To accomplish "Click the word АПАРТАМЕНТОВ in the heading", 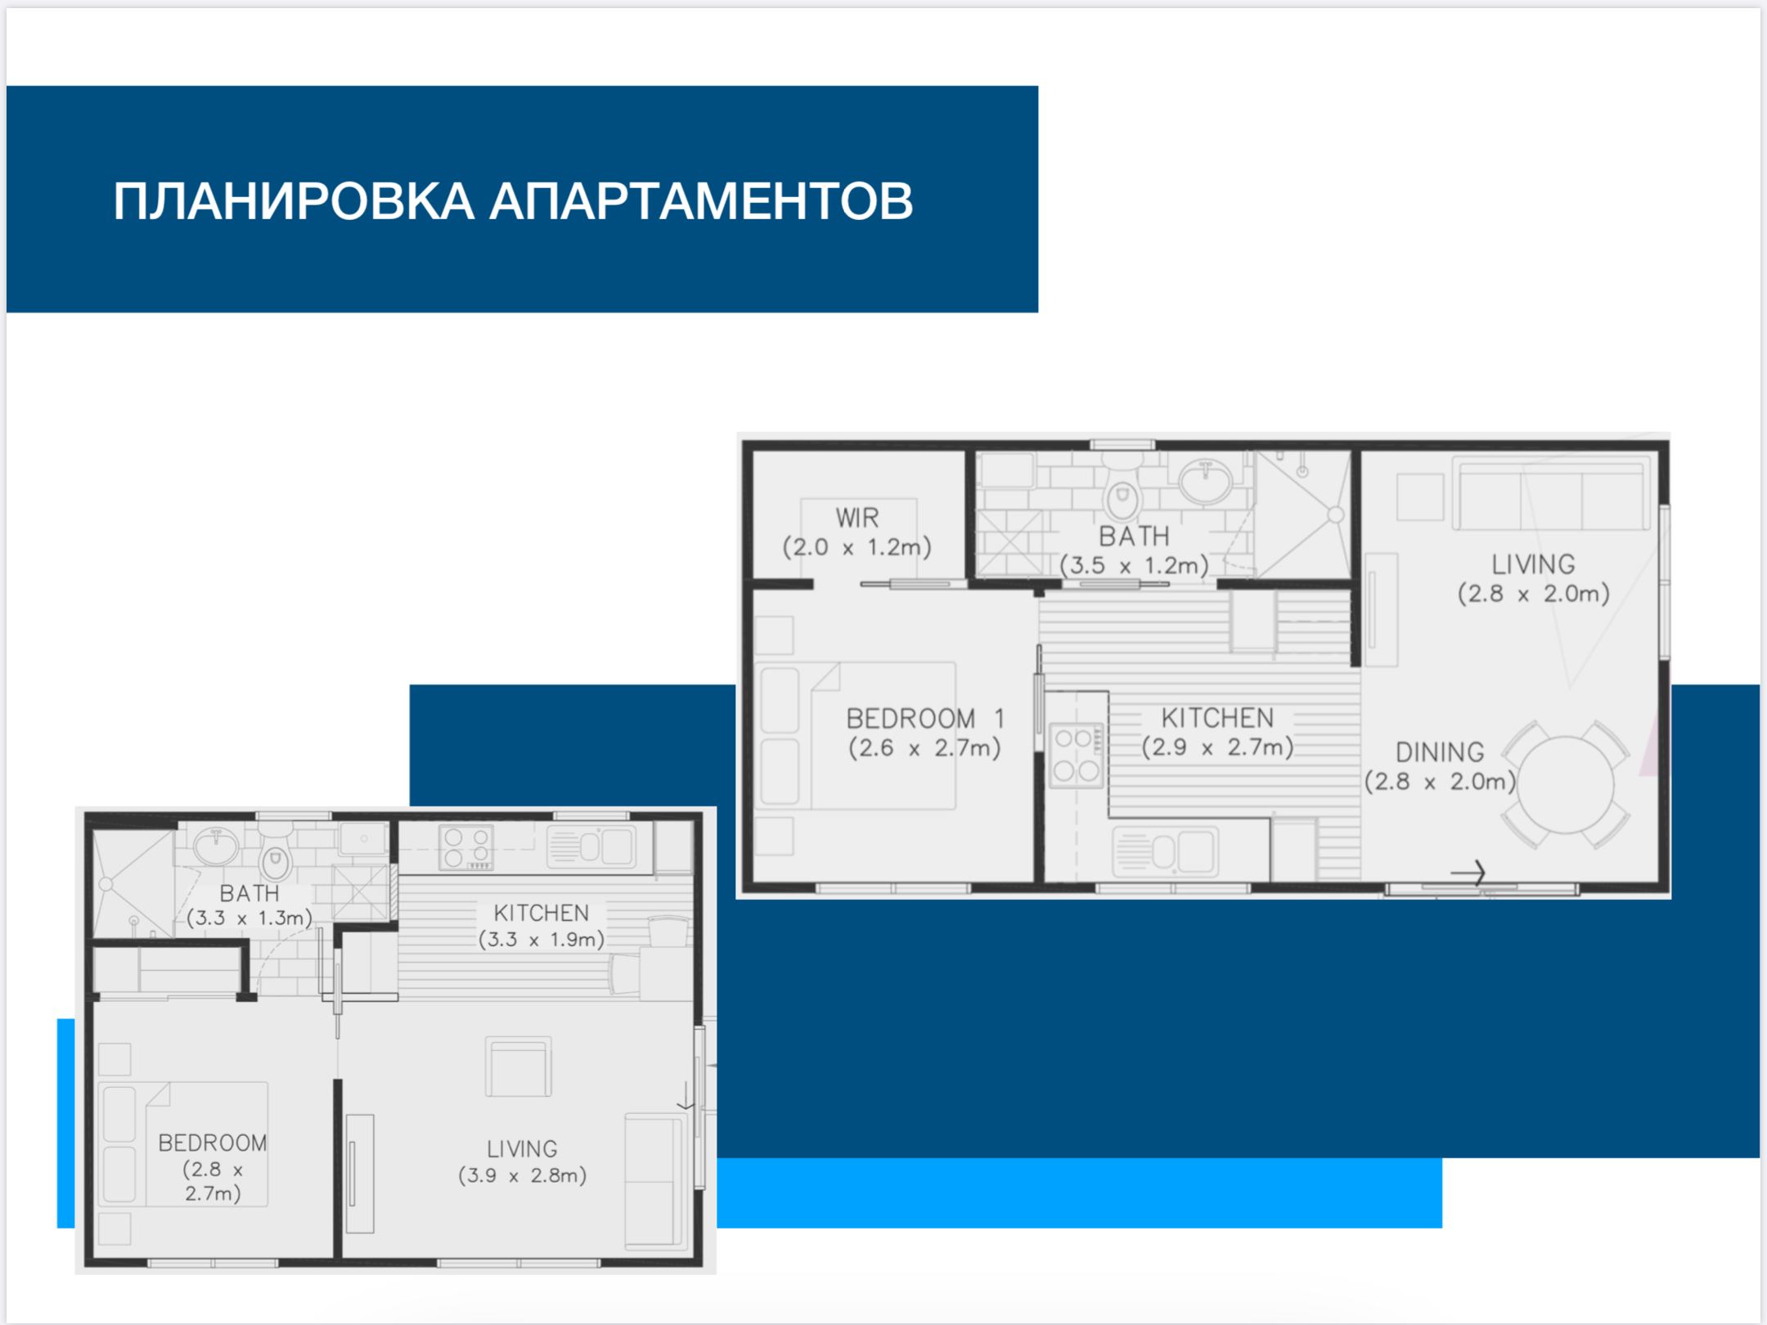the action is coord(701,201).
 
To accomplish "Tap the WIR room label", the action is coord(857,518).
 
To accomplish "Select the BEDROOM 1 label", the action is coord(925,719).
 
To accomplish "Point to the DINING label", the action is coord(1440,752).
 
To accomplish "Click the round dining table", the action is coord(1565,785).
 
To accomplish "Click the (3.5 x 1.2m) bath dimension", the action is coord(1134,565).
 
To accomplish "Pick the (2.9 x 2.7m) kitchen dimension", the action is coord(1217,747).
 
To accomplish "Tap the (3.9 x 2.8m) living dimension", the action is coord(522,1175).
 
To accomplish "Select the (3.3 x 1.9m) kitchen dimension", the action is coord(542,939).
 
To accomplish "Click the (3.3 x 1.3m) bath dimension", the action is coord(250,918).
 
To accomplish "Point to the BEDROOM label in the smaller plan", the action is coord(213,1143).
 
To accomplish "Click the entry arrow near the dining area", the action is coord(1468,873).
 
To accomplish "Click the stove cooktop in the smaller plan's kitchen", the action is coord(466,847).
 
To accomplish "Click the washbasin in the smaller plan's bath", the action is coord(216,847).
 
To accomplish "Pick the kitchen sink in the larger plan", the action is coord(1165,851).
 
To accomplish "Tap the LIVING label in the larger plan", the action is coord(1533,564).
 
